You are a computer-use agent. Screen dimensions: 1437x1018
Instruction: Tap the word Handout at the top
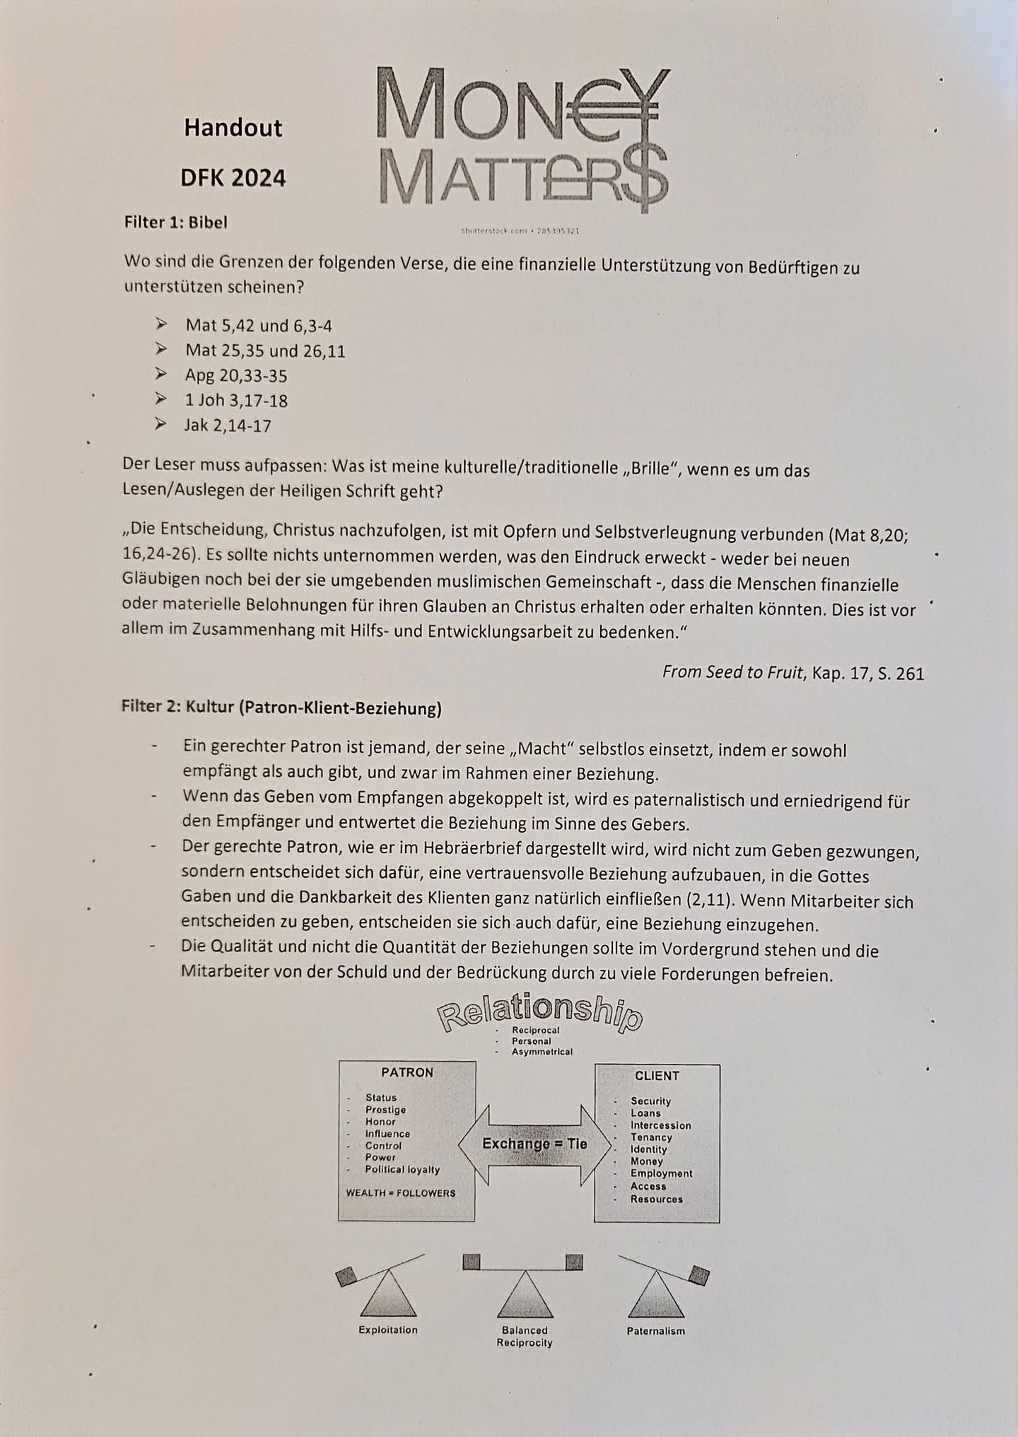tap(233, 128)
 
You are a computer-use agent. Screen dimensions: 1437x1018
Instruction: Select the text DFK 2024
tap(233, 177)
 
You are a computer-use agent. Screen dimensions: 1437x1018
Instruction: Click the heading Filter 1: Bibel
tap(175, 222)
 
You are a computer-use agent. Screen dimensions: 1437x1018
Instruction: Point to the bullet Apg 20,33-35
tap(236, 375)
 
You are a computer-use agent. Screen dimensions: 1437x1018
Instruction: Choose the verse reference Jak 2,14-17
tap(228, 426)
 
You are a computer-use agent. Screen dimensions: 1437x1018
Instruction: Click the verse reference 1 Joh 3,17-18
tap(236, 401)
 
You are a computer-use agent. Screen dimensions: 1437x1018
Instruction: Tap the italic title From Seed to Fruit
tap(732, 672)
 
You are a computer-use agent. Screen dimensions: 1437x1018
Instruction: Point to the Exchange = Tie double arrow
tap(534, 1144)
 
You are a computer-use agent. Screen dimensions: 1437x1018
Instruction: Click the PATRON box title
tap(407, 1072)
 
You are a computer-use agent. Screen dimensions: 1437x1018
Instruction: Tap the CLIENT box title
tap(657, 1076)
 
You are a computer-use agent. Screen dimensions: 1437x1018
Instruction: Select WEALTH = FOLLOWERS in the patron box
tap(401, 1193)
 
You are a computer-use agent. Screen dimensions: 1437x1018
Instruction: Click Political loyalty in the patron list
tap(402, 1170)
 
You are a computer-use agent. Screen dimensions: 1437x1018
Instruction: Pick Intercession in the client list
tap(660, 1125)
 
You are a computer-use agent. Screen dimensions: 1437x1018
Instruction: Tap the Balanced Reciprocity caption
tap(525, 1337)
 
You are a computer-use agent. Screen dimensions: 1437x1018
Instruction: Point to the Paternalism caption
tap(655, 1331)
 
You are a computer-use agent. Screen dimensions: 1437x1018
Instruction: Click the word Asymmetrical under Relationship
tap(542, 1052)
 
